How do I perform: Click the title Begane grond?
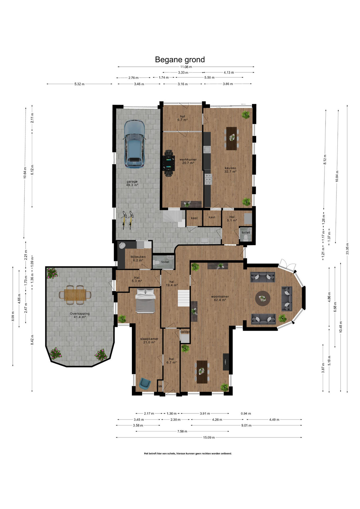180,60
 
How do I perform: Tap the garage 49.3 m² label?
132,183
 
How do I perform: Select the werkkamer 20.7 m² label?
188,161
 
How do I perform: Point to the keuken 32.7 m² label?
230,170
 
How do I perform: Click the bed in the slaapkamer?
145,301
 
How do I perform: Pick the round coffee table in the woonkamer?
263,299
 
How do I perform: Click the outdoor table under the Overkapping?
75,295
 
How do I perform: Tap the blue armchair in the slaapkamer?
145,383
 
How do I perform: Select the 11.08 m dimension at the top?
186,67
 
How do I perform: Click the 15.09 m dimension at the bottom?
209,437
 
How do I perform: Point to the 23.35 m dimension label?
347,249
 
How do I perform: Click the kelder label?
185,332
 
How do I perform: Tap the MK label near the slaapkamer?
160,387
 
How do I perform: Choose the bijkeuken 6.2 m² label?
138,258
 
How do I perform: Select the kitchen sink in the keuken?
207,149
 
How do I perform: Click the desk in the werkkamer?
169,163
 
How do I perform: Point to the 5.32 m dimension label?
79,84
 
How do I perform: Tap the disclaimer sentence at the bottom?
188,454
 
